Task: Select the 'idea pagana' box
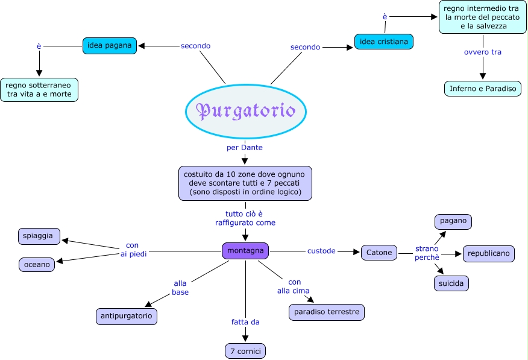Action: pyautogui.click(x=110, y=45)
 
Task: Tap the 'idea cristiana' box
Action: pyautogui.click(x=383, y=42)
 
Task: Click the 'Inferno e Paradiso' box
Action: pyautogui.click(x=483, y=89)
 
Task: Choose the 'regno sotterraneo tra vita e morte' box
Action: pyautogui.click(x=39, y=89)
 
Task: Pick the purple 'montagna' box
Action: pyautogui.click(x=245, y=251)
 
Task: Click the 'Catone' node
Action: pyautogui.click(x=379, y=253)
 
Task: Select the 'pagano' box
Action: pyautogui.click(x=453, y=221)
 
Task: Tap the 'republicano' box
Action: pyautogui.click(x=489, y=253)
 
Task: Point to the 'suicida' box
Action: pyautogui.click(x=451, y=283)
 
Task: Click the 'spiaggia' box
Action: pyautogui.click(x=39, y=236)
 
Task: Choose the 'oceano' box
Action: pyautogui.click(x=37, y=264)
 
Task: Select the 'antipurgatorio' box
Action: pyautogui.click(x=127, y=316)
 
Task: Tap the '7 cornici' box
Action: pyautogui.click(x=244, y=350)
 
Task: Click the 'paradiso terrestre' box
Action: pyautogui.click(x=327, y=312)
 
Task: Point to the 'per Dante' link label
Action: pyautogui.click(x=244, y=147)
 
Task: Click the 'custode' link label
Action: pyautogui.click(x=321, y=251)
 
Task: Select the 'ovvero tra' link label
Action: pyautogui.click(x=482, y=52)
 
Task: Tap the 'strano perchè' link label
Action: pyautogui.click(x=427, y=253)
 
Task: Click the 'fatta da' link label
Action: pyautogui.click(x=245, y=322)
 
